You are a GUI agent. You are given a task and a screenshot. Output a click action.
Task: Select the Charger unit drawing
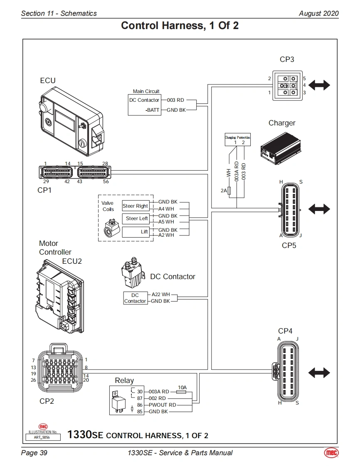(281, 148)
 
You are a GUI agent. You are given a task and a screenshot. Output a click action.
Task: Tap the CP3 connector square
(287, 85)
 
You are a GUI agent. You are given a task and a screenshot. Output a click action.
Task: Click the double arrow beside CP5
(319, 209)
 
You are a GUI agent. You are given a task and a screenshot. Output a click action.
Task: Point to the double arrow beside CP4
(319, 373)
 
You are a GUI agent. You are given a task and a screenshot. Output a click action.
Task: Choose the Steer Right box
(135, 206)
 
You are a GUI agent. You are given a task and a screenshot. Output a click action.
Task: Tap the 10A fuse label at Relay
(182, 387)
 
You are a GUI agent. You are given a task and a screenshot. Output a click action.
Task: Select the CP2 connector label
(47, 401)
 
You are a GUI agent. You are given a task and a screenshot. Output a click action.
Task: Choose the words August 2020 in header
(318, 13)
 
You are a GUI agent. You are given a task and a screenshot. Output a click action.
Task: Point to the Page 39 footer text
(34, 453)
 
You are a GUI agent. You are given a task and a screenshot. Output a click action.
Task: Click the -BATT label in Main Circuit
(153, 110)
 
